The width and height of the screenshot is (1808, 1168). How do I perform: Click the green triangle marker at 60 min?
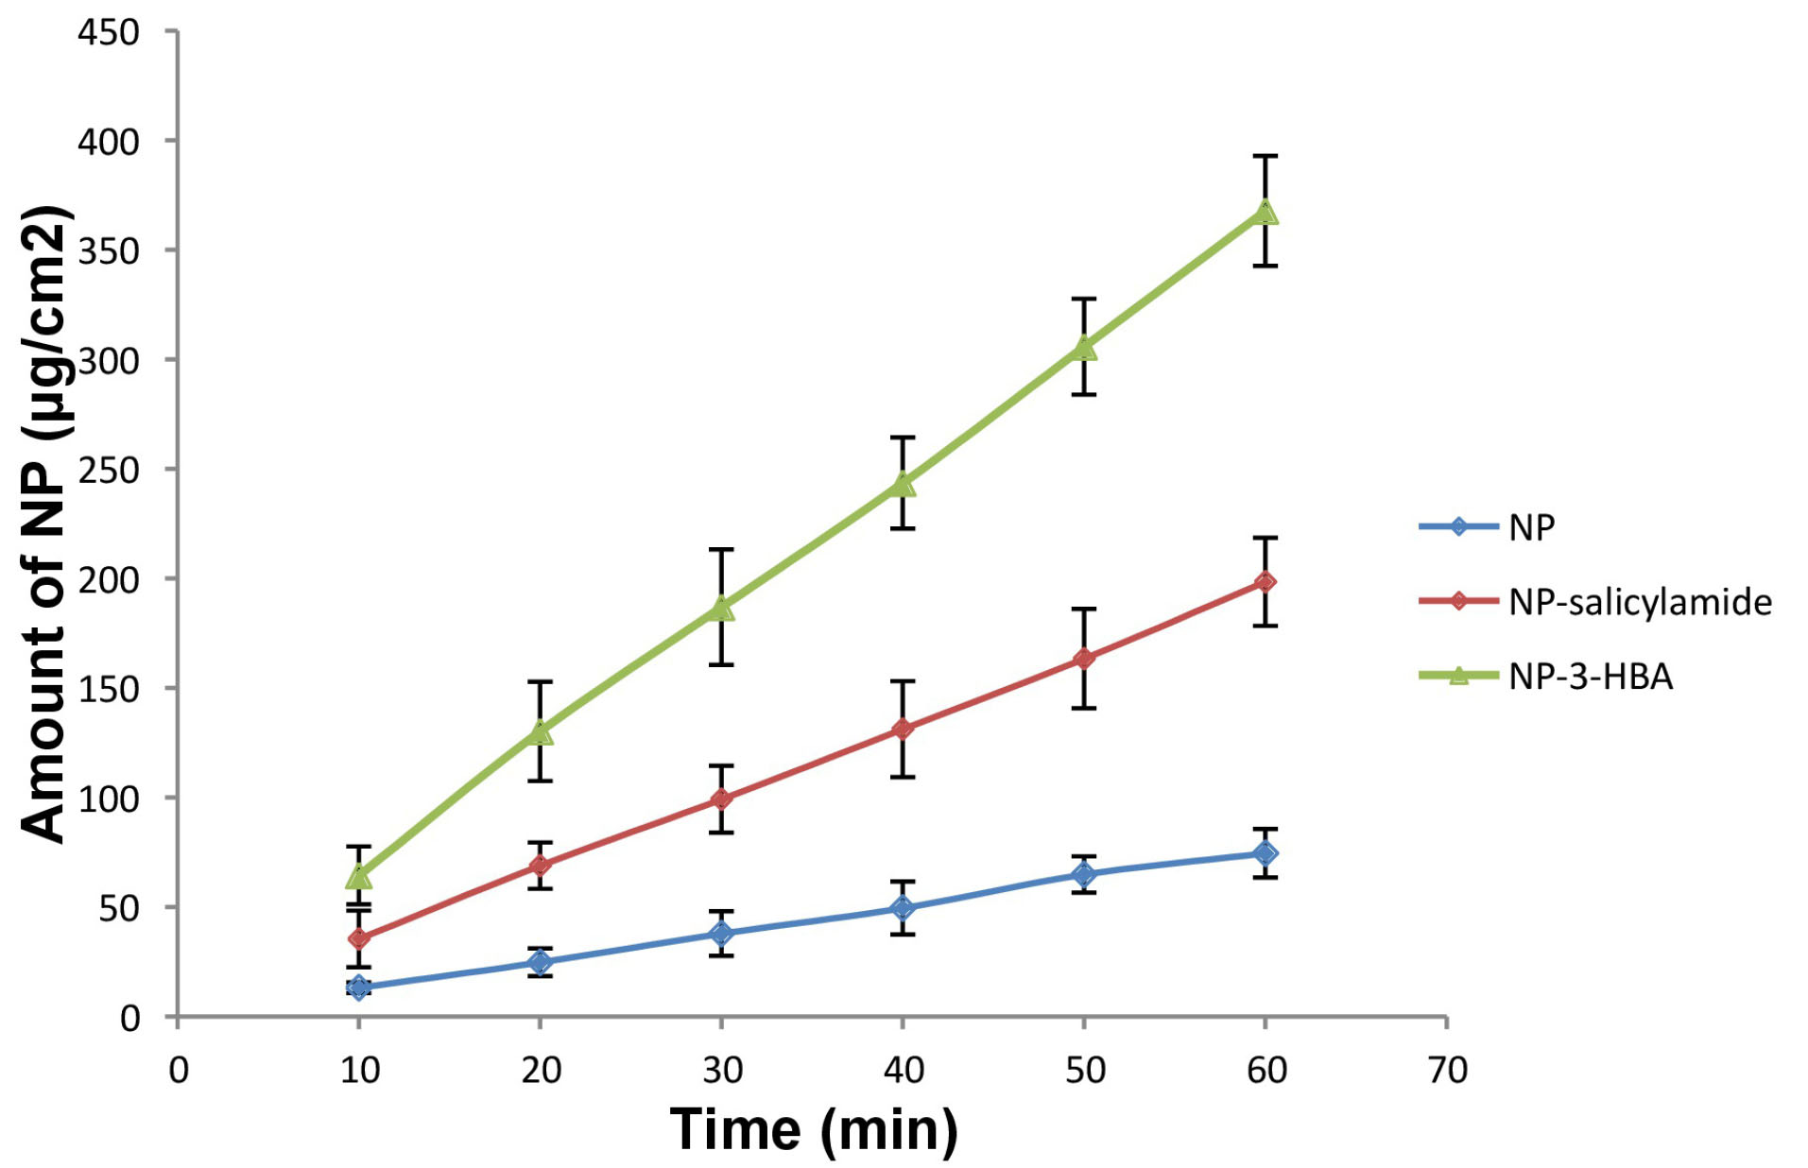pos(1266,213)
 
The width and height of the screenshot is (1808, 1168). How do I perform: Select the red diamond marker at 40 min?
pos(903,729)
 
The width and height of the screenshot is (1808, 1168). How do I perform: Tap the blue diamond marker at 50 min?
pos(1084,874)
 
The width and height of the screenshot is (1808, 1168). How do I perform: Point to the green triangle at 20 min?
pos(540,731)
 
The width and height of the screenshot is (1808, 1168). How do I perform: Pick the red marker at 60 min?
pos(1266,582)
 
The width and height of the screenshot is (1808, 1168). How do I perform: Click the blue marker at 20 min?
pos(540,962)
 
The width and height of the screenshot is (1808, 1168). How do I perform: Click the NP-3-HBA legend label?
pos(1591,677)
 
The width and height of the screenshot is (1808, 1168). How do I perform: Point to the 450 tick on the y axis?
pos(108,33)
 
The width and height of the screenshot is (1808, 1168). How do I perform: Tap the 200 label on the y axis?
pos(108,579)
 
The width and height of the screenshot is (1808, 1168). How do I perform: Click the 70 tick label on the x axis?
pos(1447,1071)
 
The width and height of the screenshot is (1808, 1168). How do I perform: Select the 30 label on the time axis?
pos(722,1071)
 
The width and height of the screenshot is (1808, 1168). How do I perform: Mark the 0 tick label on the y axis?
pos(129,1019)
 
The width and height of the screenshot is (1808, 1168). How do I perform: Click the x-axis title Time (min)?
pos(813,1129)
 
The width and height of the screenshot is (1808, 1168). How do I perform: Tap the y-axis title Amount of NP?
pos(45,524)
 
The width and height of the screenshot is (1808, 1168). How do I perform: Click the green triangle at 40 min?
pos(903,484)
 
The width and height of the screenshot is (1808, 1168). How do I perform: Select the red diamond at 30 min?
pos(721,799)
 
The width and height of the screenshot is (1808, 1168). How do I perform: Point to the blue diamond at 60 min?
pos(1266,853)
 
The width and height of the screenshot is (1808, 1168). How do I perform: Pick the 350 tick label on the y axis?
pos(108,251)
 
